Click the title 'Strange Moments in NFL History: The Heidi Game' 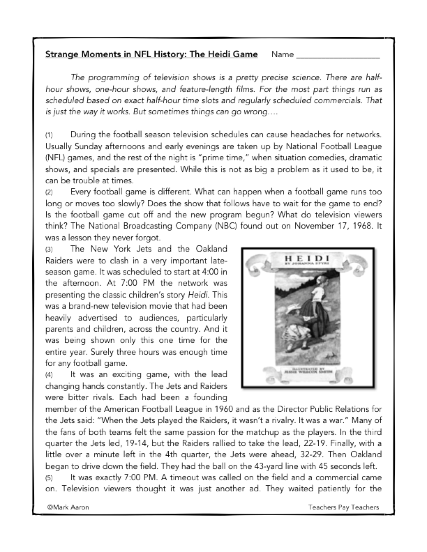151,54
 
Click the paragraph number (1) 49,135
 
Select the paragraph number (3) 49,249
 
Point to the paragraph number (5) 49,478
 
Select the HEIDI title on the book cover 307,258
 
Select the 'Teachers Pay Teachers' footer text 343,507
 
